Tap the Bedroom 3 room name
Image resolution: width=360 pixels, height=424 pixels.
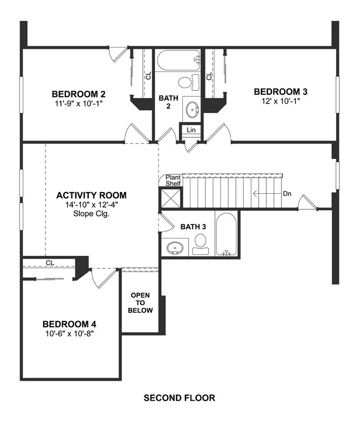click(280, 91)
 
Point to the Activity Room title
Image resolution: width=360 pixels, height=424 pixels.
click(91, 195)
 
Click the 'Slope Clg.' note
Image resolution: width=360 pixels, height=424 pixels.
click(91, 213)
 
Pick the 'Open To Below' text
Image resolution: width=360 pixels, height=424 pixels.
click(140, 303)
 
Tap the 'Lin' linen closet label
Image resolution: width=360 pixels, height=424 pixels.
click(191, 130)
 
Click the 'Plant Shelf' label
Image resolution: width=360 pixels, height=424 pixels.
click(173, 181)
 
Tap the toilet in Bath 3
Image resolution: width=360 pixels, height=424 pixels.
click(200, 244)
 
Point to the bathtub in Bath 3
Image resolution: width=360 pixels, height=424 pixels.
click(226, 235)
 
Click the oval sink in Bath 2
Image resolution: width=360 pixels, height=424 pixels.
click(192, 109)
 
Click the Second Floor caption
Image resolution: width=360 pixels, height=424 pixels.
click(179, 397)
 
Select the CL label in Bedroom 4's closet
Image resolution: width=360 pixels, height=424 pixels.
click(49, 263)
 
